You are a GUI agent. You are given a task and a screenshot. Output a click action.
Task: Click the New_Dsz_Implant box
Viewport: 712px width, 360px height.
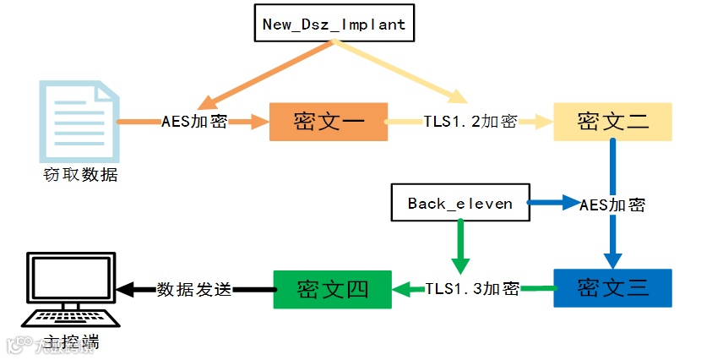(x=334, y=24)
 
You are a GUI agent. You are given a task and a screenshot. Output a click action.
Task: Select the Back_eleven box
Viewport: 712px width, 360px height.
(x=459, y=204)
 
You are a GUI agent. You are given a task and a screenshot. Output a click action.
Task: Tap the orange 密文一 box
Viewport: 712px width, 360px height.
(x=328, y=122)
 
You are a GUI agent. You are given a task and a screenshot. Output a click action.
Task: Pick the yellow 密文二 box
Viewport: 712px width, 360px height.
(x=612, y=122)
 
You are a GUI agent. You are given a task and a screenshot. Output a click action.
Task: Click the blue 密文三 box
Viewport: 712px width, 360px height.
(x=612, y=288)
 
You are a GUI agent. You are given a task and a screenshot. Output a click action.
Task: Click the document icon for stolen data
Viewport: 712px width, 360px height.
(x=78, y=120)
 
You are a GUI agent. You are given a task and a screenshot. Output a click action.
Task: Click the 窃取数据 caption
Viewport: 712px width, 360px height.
(x=80, y=175)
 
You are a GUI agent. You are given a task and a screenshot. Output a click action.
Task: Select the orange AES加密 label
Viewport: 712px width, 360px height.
(x=193, y=122)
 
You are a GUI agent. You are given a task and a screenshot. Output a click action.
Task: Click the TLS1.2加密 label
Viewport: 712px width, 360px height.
(x=470, y=122)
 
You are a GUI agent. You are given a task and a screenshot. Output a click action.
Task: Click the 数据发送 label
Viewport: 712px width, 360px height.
(x=193, y=289)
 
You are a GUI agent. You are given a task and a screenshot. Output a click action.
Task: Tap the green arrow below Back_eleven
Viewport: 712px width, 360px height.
(x=459, y=243)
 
